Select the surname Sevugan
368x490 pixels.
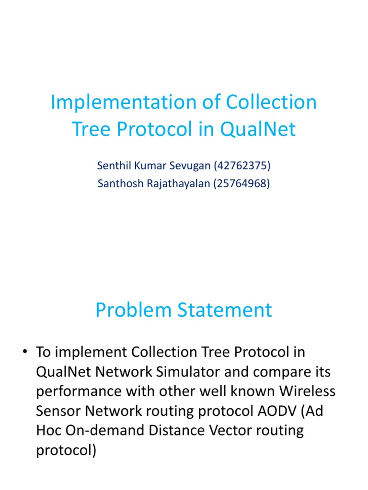pos(184,166)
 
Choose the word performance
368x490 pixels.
pos(79,391)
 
